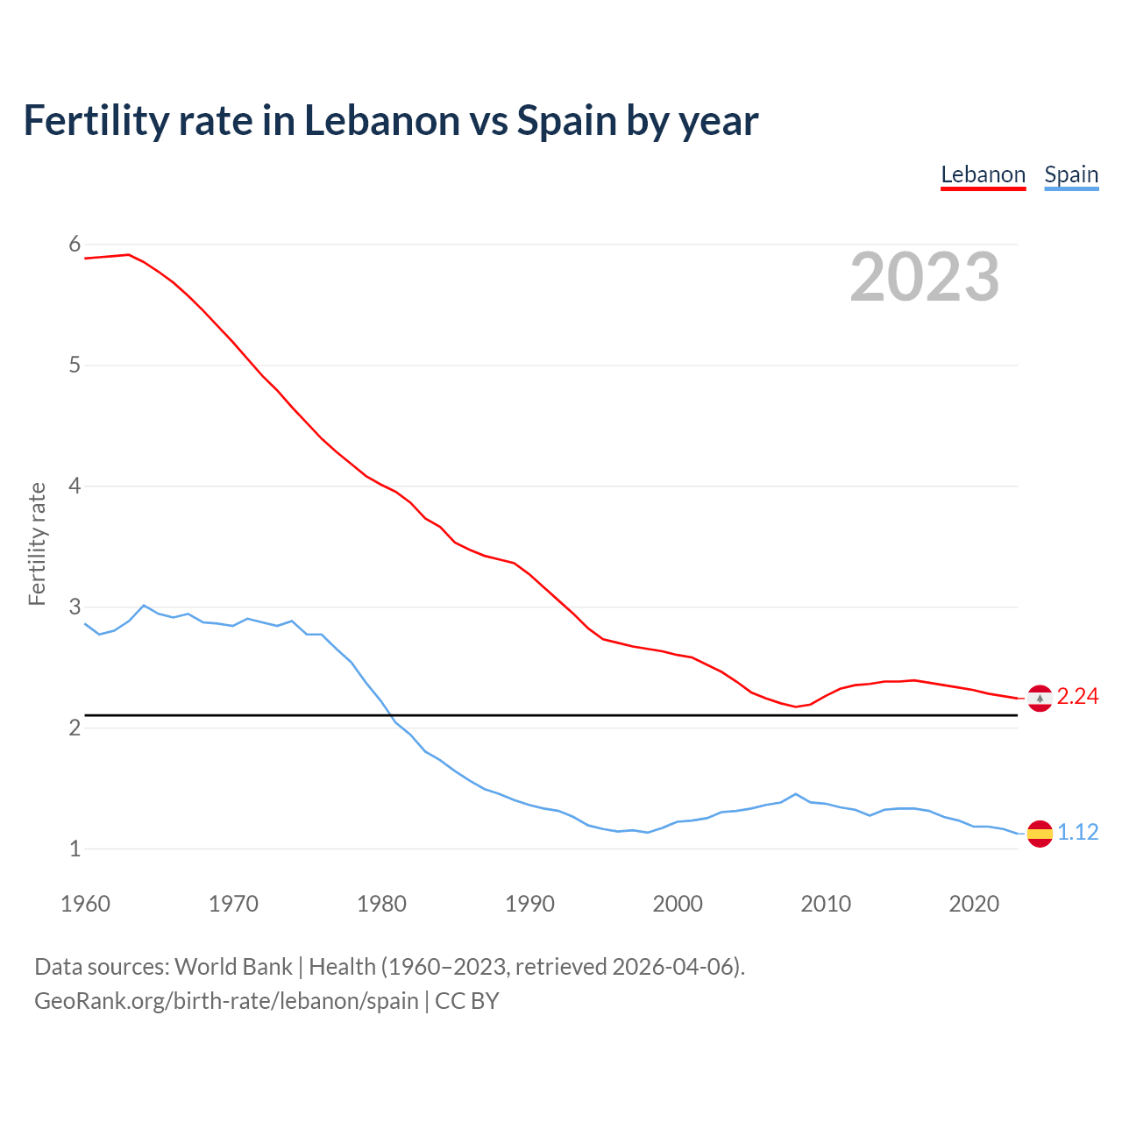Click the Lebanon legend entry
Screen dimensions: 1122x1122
click(983, 175)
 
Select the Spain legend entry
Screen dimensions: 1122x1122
click(1071, 175)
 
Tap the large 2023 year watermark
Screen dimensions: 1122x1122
click(924, 277)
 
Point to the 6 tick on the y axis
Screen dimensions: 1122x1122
click(75, 244)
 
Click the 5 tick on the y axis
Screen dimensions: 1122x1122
click(75, 365)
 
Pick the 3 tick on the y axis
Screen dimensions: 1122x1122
click(75, 607)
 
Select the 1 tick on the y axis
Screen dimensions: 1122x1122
click(75, 849)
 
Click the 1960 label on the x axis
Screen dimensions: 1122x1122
click(85, 904)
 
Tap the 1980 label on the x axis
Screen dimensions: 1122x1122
click(381, 904)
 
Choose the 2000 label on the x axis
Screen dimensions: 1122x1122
click(678, 904)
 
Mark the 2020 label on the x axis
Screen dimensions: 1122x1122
click(974, 904)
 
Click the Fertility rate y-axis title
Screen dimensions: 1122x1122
click(37, 543)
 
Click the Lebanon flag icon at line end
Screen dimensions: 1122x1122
click(1040, 699)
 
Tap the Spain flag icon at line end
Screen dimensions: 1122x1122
click(1040, 834)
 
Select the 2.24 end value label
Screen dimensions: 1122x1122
click(1077, 697)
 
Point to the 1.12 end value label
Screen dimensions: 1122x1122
click(1077, 833)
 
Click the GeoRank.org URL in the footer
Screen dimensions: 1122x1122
click(226, 1001)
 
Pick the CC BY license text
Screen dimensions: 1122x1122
click(467, 1001)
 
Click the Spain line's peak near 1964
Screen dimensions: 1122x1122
click(144, 606)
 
